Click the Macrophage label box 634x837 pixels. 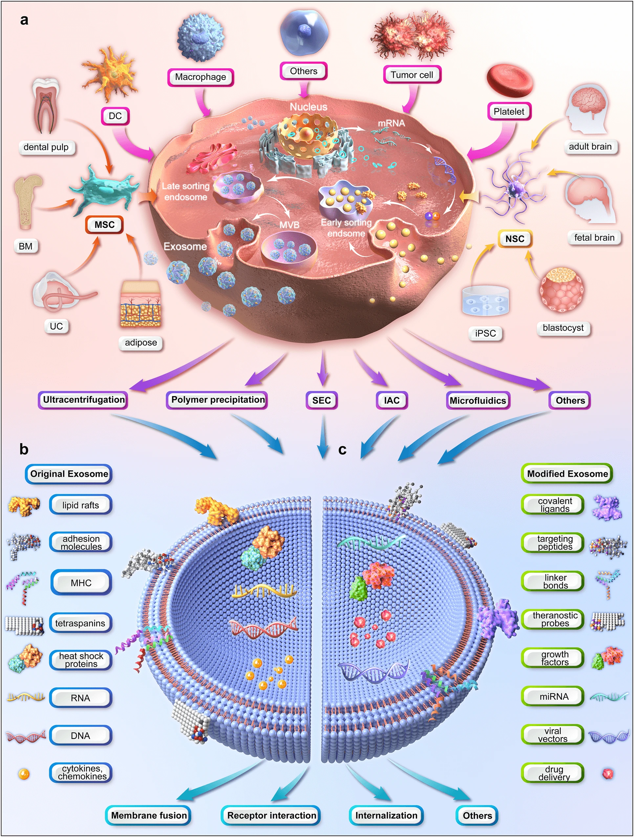(x=201, y=77)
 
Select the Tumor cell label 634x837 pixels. (x=412, y=75)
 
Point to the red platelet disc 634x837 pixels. (x=510, y=81)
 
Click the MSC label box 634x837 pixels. (x=104, y=225)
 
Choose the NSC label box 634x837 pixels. (x=514, y=239)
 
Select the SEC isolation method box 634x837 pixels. (x=321, y=400)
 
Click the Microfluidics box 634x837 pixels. (x=478, y=400)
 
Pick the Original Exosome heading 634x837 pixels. (x=69, y=474)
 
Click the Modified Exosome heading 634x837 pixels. (x=567, y=474)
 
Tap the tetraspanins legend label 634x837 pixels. (x=80, y=623)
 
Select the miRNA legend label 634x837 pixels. (x=554, y=696)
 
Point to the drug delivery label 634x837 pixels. (x=554, y=773)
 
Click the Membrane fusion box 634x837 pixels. (x=148, y=815)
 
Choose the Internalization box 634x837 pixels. (x=386, y=815)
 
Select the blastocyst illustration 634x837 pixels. (x=562, y=290)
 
